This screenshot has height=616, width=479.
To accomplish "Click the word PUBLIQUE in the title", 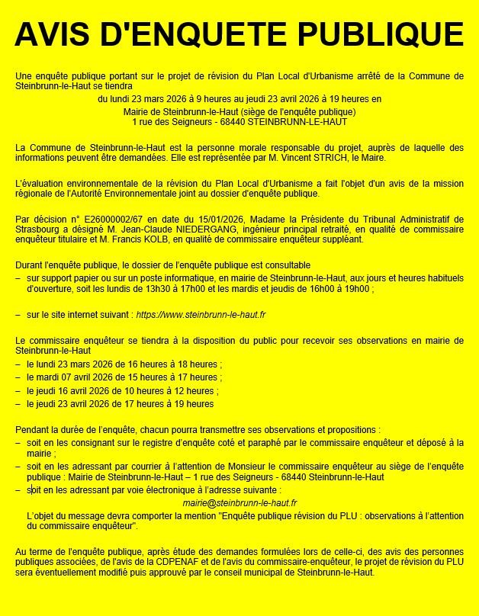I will [x=381, y=34].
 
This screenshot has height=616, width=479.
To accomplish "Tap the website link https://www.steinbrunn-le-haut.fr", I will [x=200, y=314].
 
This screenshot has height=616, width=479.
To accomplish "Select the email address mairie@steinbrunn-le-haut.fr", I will [x=239, y=503].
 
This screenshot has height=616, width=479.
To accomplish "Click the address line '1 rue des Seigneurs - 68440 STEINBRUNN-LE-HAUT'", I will [x=239, y=120].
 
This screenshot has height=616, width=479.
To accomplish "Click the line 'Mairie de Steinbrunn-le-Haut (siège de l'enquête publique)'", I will [x=239, y=111].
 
